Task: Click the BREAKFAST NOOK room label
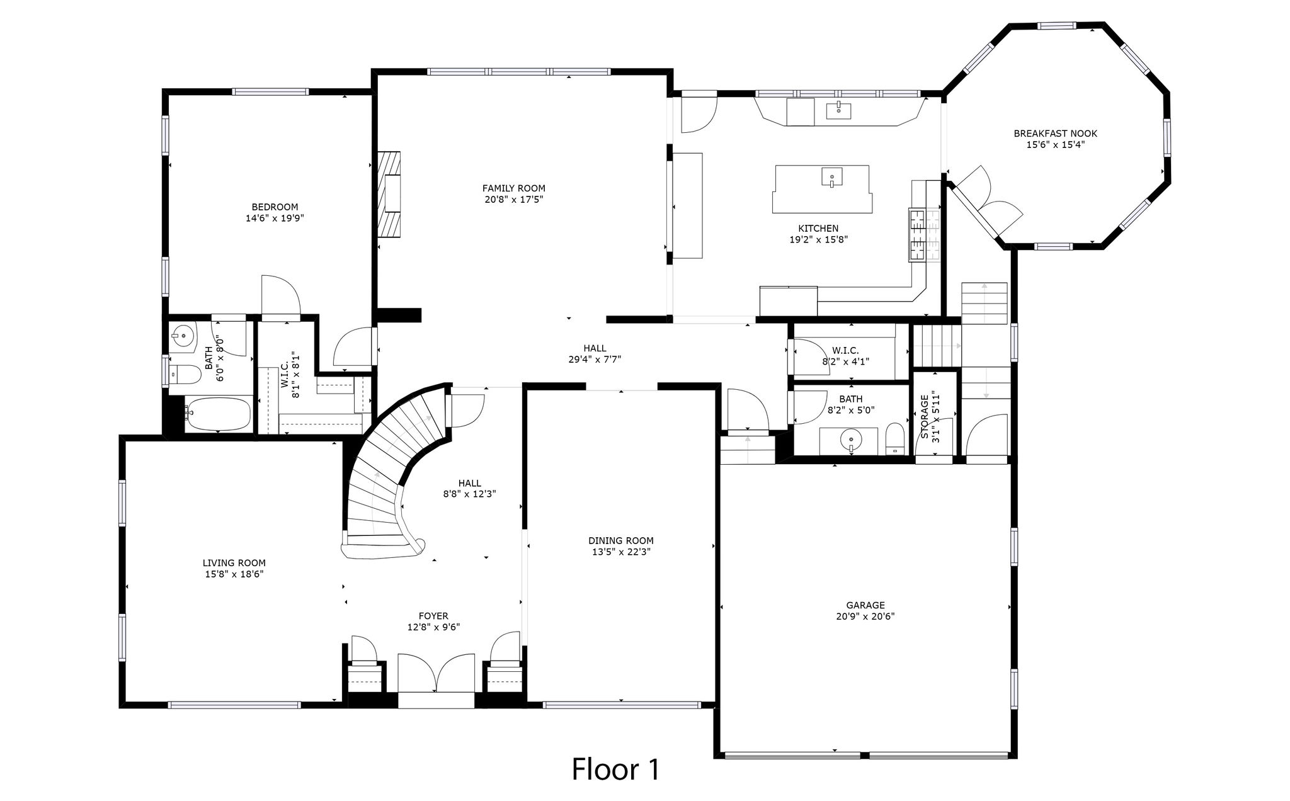[1055, 133]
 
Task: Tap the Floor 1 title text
[615, 769]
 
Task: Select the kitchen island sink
[832, 178]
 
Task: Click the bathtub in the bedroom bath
[218, 414]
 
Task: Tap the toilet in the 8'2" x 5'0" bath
[894, 438]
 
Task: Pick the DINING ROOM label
[620, 540]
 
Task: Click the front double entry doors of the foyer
[436, 674]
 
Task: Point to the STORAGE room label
[925, 417]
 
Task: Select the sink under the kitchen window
[838, 111]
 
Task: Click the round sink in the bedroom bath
[183, 336]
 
